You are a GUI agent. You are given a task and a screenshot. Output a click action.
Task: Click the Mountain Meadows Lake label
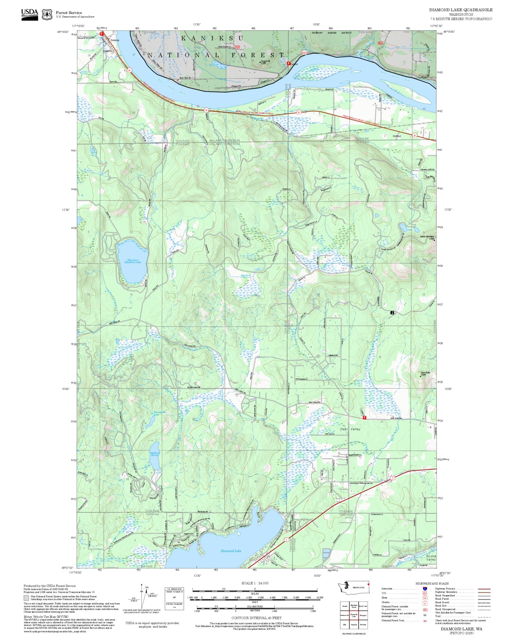[132, 261]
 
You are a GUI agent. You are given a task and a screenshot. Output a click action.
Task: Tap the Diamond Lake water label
[231, 551]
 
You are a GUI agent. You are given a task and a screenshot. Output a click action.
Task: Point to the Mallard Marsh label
[155, 454]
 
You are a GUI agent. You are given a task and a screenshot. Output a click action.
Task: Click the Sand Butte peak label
[425, 373]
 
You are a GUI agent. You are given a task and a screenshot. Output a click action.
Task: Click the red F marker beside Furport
[288, 64]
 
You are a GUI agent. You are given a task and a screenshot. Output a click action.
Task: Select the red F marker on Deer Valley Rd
[364, 418]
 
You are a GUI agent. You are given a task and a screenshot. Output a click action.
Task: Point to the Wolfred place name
[397, 136]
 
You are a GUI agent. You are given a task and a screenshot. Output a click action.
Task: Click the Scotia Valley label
[431, 558]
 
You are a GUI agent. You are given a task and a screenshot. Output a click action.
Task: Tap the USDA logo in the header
[29, 14]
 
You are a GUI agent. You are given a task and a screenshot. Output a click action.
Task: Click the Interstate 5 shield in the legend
[425, 589]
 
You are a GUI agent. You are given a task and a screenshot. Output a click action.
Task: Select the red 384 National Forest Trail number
[425, 621]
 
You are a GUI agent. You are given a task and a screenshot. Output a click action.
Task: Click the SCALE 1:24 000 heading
[255, 583]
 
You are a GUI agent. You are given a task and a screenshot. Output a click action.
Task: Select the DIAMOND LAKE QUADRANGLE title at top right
[461, 10]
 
